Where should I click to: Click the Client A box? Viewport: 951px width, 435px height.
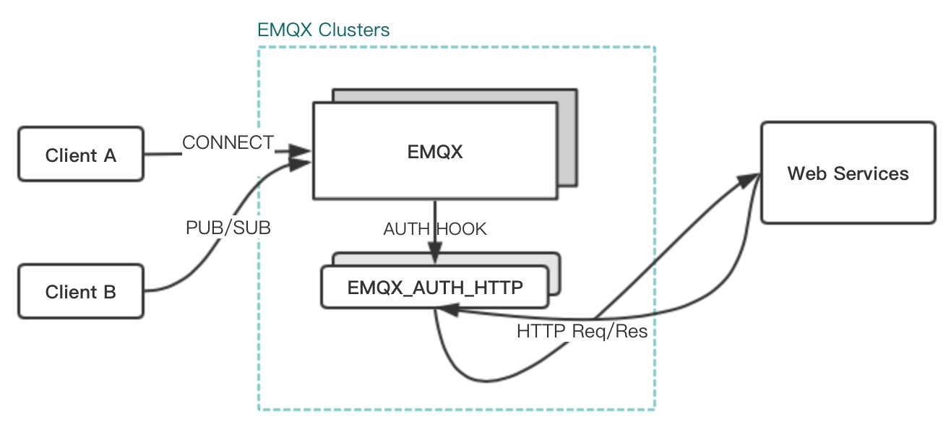[81, 155]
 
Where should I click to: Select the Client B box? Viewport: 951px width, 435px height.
[81, 291]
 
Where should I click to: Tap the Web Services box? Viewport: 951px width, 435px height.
[848, 173]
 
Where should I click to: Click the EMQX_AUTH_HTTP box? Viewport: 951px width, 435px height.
[435, 287]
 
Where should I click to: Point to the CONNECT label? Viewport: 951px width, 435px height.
[228, 143]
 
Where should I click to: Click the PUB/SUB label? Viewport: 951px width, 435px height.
[228, 228]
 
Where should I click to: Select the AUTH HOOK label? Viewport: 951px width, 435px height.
[435, 229]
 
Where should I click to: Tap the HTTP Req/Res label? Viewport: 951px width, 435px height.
[582, 332]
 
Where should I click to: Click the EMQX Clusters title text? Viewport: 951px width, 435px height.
[323, 30]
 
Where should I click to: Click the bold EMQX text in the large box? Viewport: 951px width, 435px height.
[435, 152]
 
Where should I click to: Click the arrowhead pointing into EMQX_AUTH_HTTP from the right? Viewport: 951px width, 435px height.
[447, 309]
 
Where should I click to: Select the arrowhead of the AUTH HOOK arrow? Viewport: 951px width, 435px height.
[435, 258]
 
